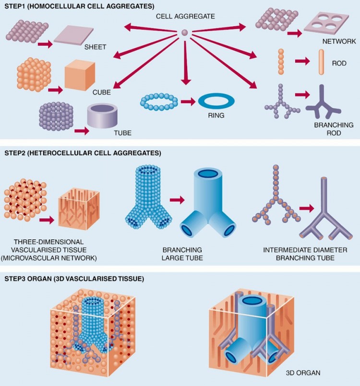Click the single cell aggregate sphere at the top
[x=184, y=32]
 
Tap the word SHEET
[x=95, y=47]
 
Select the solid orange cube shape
[x=80, y=75]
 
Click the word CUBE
[x=101, y=93]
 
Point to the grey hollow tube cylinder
[x=102, y=116]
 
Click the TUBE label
[x=122, y=133]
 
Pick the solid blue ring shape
[x=216, y=101]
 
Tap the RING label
[x=216, y=115]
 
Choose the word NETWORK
[x=339, y=41]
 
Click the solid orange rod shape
[x=321, y=62]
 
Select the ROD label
[x=339, y=63]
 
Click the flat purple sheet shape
[x=73, y=36]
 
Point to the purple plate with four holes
[x=326, y=23]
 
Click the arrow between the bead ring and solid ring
[x=188, y=102]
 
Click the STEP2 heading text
[x=83, y=153]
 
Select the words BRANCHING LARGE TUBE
[x=182, y=254]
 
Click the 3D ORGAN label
[x=303, y=373]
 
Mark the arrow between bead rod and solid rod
[x=302, y=61]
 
